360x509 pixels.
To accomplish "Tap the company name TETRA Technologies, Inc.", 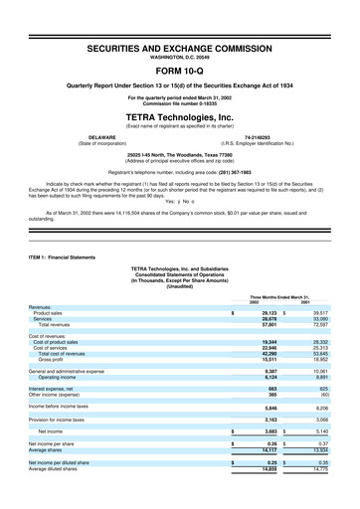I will point(180,116).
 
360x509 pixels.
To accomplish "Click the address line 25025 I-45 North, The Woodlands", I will point(180,155).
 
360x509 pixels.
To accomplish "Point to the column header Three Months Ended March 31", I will point(287,267).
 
